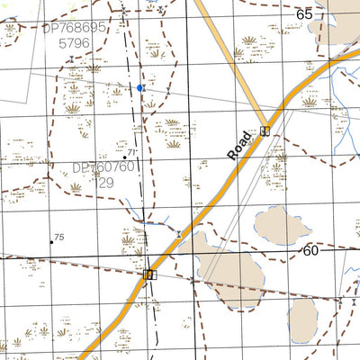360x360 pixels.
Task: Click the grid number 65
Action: pyautogui.click(x=305, y=13)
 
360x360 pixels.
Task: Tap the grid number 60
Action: pyautogui.click(x=310, y=250)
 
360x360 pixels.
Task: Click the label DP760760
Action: pyautogui.click(x=103, y=167)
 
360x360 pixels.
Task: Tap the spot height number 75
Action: pyautogui.click(x=59, y=237)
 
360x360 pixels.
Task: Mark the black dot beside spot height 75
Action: pyautogui.click(x=51, y=240)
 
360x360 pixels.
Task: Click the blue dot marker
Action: pyautogui.click(x=139, y=88)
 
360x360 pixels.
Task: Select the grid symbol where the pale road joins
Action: pyautogui.click(x=265, y=131)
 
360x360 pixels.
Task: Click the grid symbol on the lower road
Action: pyautogui.click(x=149, y=274)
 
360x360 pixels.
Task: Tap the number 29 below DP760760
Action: pyautogui.click(x=106, y=182)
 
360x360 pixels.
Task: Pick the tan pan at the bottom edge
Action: pyautogui.click(x=302, y=320)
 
